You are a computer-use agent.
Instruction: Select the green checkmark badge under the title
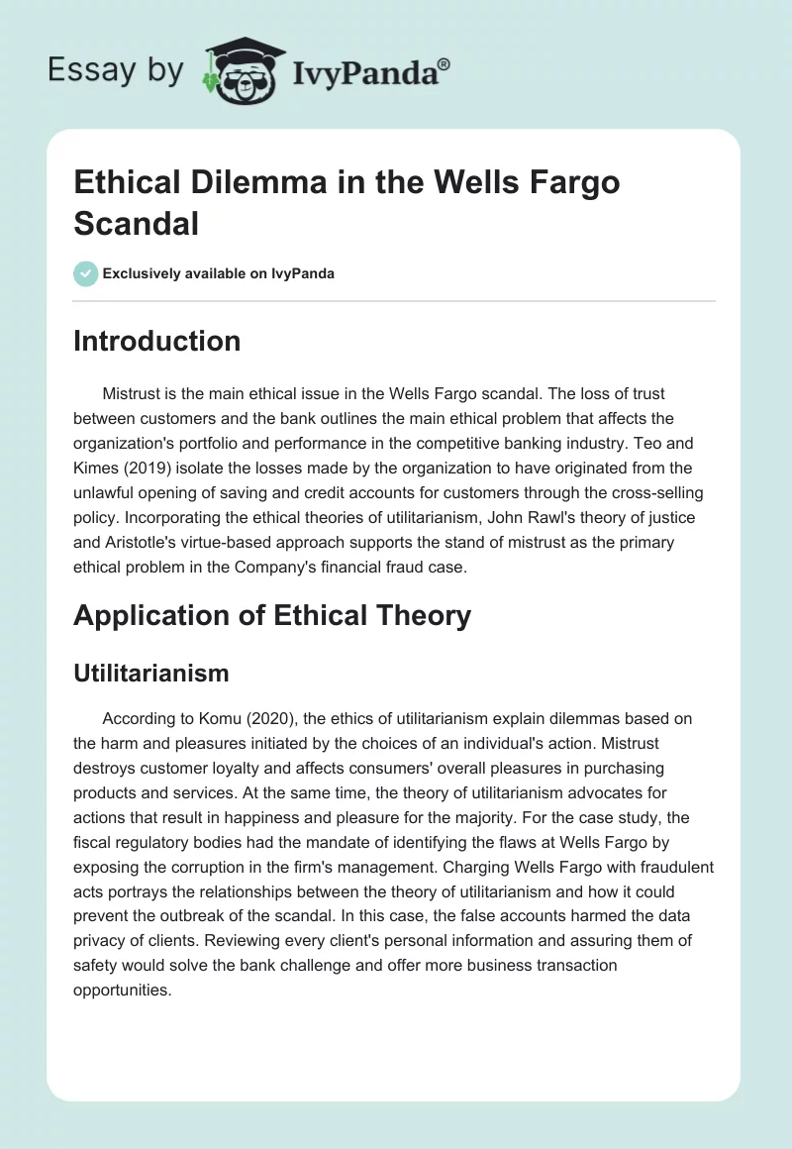pos(86,273)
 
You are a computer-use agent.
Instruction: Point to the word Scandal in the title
pos(137,223)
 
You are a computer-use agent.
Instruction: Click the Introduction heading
pos(157,341)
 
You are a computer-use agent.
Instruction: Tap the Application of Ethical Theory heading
pos(272,615)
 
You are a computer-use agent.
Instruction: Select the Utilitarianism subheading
pos(151,674)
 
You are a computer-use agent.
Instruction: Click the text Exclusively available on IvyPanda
pos(219,273)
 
